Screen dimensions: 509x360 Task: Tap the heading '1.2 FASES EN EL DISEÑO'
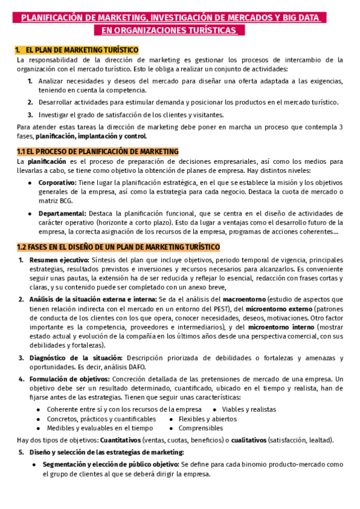[x=118, y=247]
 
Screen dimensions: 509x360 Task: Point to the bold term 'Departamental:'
[x=62, y=213]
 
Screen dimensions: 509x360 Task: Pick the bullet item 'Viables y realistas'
[x=249, y=409]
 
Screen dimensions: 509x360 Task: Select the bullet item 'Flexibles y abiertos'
[x=208, y=419]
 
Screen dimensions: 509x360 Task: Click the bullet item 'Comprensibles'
[x=200, y=429]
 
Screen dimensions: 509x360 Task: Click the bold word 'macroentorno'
[x=244, y=298]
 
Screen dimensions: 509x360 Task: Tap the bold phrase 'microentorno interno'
[x=281, y=327]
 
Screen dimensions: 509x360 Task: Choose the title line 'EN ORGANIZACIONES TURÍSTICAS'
[x=169, y=30]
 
